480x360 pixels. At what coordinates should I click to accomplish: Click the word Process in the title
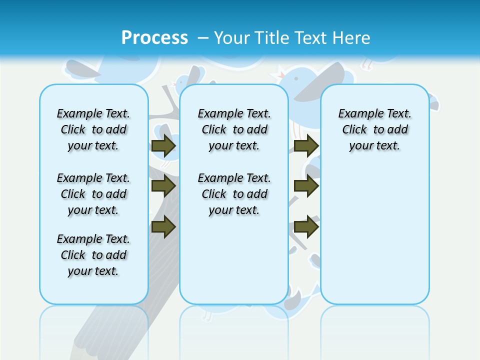tap(154, 38)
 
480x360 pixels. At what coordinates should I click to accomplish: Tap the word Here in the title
tap(350, 38)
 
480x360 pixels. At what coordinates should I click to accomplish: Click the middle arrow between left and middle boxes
tap(163, 186)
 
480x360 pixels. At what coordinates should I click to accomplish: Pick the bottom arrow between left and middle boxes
tap(163, 227)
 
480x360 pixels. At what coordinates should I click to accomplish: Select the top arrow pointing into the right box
tap(306, 145)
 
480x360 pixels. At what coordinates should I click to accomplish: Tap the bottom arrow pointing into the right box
tap(306, 227)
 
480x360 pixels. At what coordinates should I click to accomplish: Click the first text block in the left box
tap(93, 129)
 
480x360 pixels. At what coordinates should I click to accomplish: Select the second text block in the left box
tap(93, 194)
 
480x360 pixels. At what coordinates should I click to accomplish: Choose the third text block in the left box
tap(93, 255)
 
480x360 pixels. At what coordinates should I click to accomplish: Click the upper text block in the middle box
tap(234, 129)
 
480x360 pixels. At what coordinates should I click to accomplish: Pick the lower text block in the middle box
tap(234, 194)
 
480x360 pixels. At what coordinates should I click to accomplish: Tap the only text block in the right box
tap(375, 129)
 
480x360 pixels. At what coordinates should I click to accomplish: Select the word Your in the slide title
tap(232, 38)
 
